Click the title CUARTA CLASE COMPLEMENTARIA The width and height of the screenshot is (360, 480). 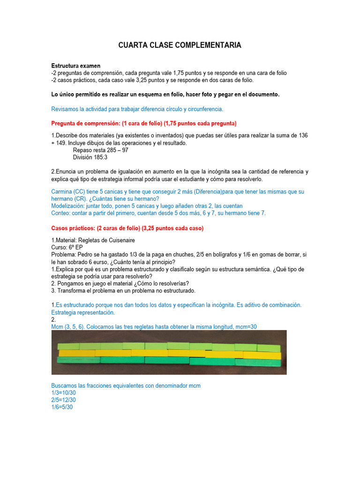coord(180,45)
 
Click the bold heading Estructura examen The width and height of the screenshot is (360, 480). coord(75,66)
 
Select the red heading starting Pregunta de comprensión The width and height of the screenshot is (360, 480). coord(143,123)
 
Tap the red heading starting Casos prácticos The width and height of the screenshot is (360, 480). coord(127,228)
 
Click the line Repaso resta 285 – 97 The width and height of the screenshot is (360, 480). coord(100,150)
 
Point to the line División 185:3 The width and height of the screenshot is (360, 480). coord(90,157)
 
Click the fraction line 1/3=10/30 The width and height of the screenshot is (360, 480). coord(63,393)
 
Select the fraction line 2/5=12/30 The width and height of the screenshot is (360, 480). coord(63,400)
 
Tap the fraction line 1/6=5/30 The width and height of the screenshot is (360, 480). coord(62,407)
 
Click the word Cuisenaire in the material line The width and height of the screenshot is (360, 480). coord(120,240)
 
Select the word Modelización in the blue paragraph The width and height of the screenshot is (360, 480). coord(68,206)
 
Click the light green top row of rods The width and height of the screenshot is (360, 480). coord(169,346)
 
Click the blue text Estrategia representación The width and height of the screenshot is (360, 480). coord(82,312)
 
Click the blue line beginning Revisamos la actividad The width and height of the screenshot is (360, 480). coord(137,109)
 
